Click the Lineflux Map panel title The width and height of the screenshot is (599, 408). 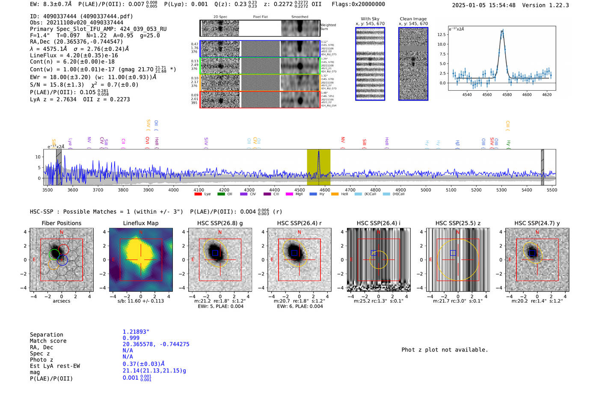pyautogui.click(x=140, y=223)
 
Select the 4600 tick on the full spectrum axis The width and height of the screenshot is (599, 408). pyautogui.click(x=325, y=190)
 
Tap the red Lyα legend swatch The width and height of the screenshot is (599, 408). pyautogui.click(x=198, y=194)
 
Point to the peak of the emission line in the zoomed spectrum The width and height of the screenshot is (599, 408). pyautogui.click(x=502, y=31)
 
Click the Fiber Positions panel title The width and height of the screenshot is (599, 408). pyautogui.click(x=61, y=223)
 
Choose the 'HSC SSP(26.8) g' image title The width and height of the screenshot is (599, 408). pyautogui.click(x=220, y=223)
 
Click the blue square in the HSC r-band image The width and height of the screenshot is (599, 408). pyautogui.click(x=294, y=253)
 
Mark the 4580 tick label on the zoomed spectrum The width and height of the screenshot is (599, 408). pyautogui.click(x=507, y=95)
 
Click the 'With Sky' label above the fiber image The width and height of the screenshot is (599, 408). pyautogui.click(x=370, y=19)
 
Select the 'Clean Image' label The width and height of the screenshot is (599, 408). pyautogui.click(x=413, y=19)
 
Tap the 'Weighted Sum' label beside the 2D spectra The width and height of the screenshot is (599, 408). pyautogui.click(x=328, y=27)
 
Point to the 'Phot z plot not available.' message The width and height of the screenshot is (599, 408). pyautogui.click(x=445, y=350)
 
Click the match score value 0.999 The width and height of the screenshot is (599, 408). pyautogui.click(x=131, y=338)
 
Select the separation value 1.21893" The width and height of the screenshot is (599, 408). pyautogui.click(x=136, y=332)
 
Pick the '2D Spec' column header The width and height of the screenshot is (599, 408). pyautogui.click(x=220, y=17)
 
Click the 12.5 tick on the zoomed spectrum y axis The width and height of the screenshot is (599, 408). pyautogui.click(x=442, y=34)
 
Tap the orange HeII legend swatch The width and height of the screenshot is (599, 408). pyautogui.click(x=335, y=194)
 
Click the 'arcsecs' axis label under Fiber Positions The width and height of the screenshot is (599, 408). pyautogui.click(x=61, y=301)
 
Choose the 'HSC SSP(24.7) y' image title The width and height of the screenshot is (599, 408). pyautogui.click(x=537, y=223)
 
